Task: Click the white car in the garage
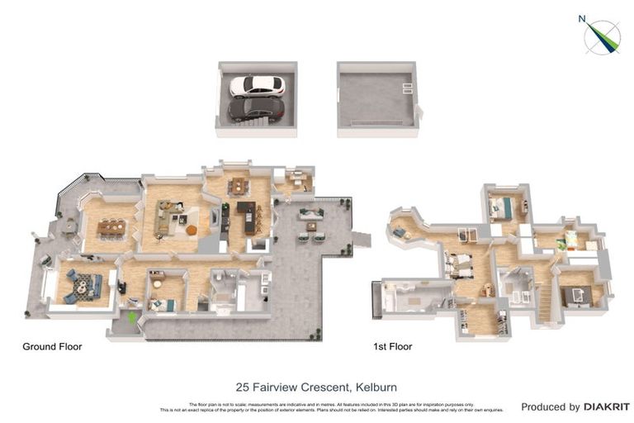click(257, 86)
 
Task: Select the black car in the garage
click(255, 109)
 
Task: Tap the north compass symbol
click(602, 35)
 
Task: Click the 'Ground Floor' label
click(52, 347)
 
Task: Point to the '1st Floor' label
click(393, 347)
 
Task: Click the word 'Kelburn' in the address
click(377, 386)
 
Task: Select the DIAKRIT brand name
click(607, 407)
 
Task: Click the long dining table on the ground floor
click(112, 226)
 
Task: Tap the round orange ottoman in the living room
click(192, 230)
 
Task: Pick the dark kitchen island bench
click(247, 218)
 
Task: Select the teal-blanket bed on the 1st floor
click(501, 208)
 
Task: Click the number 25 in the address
click(243, 386)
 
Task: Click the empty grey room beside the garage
click(376, 98)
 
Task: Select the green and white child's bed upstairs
click(570, 241)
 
